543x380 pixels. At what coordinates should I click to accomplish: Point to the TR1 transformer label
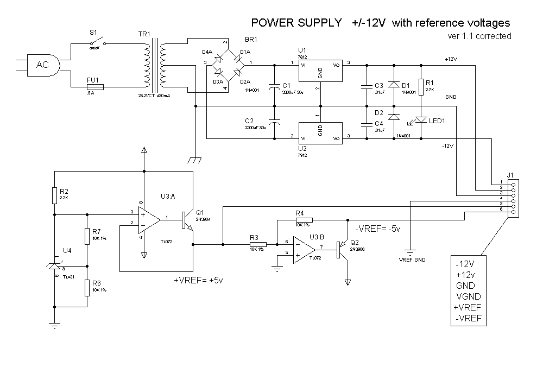[144, 34]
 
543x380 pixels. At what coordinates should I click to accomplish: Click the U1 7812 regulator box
[320, 70]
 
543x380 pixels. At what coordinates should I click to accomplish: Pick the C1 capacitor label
[287, 85]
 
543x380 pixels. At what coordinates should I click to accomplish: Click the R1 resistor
[421, 86]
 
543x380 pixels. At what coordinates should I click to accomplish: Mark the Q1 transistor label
[199, 212]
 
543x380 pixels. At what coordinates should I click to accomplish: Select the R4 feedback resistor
[304, 220]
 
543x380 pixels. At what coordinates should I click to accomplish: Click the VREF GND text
[412, 260]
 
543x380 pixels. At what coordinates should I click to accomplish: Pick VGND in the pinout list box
[469, 296]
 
